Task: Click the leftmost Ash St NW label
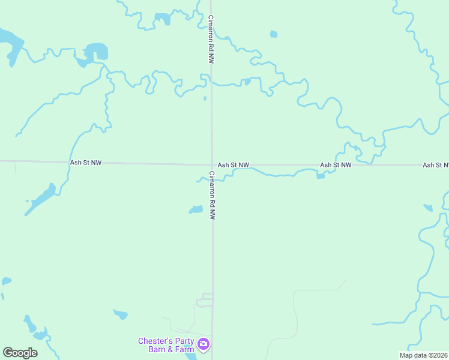tap(86, 163)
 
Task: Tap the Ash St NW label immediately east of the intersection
tap(233, 164)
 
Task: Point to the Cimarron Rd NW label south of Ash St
tap(211, 196)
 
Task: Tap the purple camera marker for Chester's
tap(204, 344)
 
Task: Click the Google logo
tap(20, 353)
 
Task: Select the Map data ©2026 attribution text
tap(424, 355)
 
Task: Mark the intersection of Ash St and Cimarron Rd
tap(211, 164)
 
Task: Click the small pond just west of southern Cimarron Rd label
tap(196, 209)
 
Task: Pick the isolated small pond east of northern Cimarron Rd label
tap(274, 34)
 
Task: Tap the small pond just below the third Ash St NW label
tap(321, 176)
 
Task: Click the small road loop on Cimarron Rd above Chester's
tap(205, 300)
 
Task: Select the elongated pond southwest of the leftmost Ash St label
tap(41, 200)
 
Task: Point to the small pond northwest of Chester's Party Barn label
tap(121, 314)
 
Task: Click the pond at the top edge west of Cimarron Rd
tap(162, 19)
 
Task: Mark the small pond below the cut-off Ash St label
tap(427, 208)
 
